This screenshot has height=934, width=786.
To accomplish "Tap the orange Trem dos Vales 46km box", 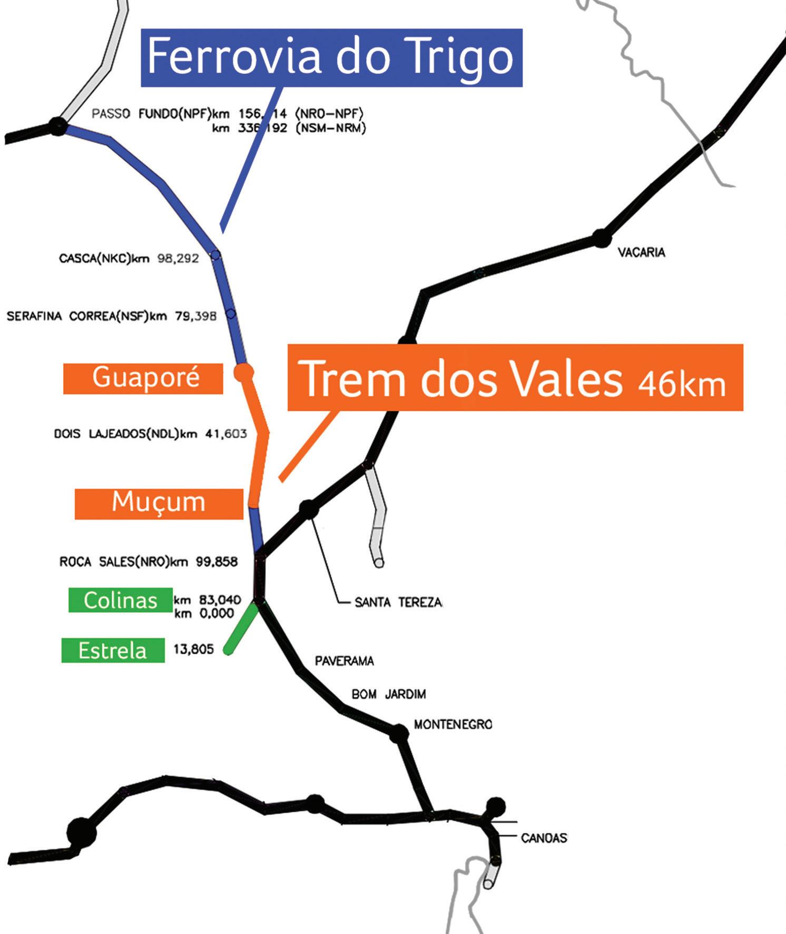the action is [x=515, y=377].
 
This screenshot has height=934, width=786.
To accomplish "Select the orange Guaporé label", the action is [x=143, y=378].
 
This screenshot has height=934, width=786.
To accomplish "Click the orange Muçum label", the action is [x=159, y=504].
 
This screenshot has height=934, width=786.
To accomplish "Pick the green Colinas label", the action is [x=121, y=600].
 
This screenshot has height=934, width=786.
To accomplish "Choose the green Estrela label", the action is [x=113, y=651].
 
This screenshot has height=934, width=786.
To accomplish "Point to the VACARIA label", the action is [x=641, y=252].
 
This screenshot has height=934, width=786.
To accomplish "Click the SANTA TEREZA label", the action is [x=398, y=602].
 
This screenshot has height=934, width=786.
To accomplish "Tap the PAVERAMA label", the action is [x=344, y=661].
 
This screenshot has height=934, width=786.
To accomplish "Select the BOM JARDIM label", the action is [x=388, y=694].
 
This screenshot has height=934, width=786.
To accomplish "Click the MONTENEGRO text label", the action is [x=453, y=724].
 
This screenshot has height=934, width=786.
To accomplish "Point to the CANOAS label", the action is [x=544, y=838].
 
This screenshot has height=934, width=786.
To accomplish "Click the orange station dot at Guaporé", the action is [x=243, y=372].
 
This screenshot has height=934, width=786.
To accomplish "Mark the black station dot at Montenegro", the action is [x=399, y=733].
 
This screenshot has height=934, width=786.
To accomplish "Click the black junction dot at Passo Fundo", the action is [x=58, y=126].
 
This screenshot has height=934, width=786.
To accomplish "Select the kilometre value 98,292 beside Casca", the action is [x=178, y=259].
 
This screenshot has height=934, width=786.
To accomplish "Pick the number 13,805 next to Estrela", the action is [x=193, y=650].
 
